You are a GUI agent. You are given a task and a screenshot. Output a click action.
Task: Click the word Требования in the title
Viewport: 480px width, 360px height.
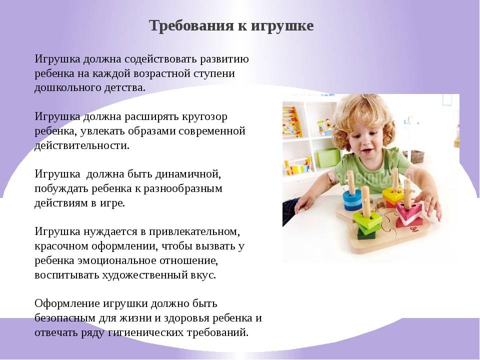192,25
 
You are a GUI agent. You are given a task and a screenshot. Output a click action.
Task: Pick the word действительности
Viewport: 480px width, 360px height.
82,145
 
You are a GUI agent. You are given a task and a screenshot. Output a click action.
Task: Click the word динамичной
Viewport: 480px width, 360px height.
187,174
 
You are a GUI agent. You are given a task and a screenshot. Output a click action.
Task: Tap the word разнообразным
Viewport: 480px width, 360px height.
183,189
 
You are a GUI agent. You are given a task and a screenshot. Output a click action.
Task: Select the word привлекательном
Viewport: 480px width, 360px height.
194,231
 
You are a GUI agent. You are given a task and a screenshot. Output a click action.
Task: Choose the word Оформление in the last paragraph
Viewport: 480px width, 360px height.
67,304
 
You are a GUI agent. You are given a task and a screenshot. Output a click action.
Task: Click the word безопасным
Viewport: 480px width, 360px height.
65,318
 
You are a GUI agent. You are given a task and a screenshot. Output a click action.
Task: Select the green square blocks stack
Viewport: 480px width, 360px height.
366,223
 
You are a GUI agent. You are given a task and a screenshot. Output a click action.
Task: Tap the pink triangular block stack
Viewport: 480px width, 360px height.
409,213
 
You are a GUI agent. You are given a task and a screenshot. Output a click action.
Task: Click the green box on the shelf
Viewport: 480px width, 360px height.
328,157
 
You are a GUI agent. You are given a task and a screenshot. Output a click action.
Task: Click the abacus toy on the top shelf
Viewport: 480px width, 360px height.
291,122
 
